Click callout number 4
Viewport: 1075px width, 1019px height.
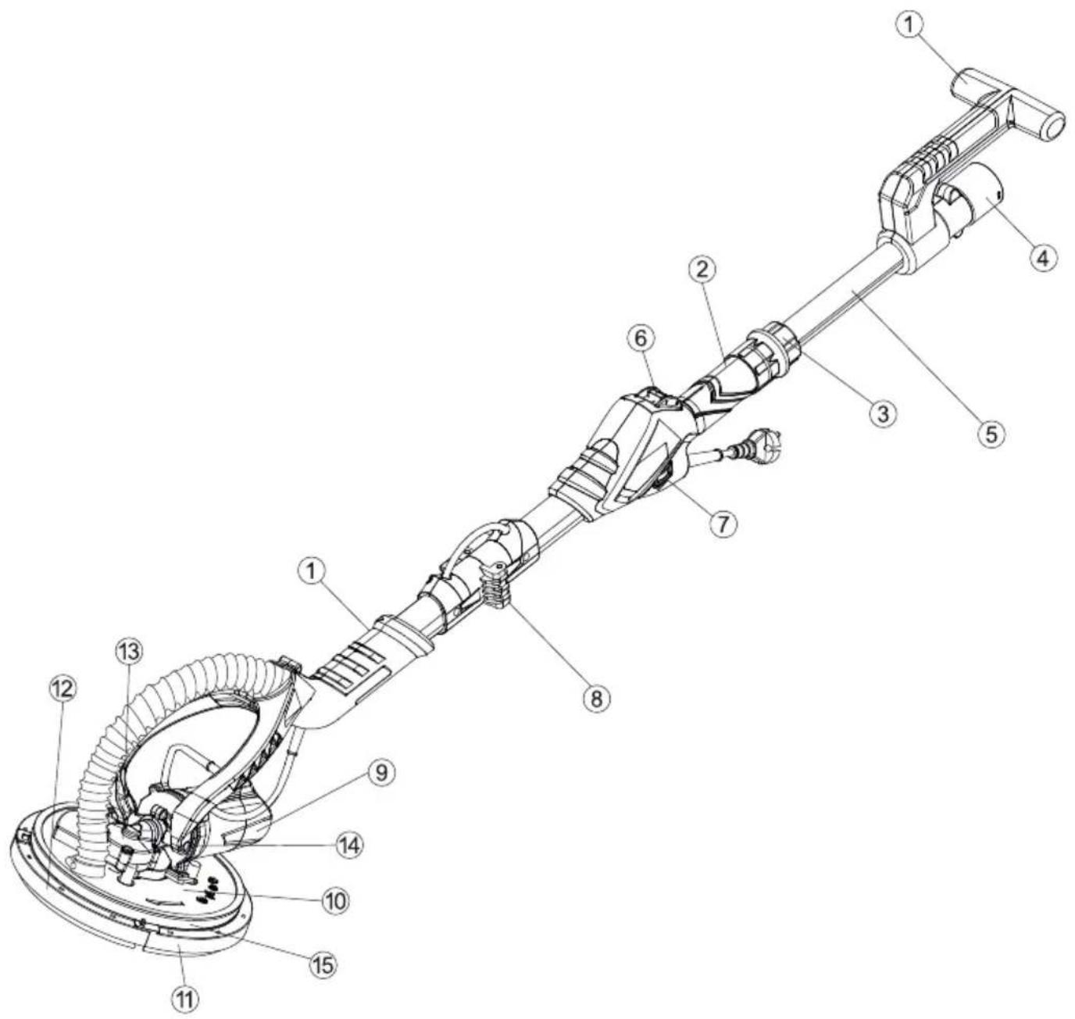tap(1043, 257)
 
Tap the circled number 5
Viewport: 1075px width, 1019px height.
tap(991, 434)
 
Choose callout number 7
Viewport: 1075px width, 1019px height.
tap(723, 524)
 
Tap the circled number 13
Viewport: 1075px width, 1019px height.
tap(129, 652)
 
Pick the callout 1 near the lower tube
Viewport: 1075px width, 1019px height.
tap(312, 573)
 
